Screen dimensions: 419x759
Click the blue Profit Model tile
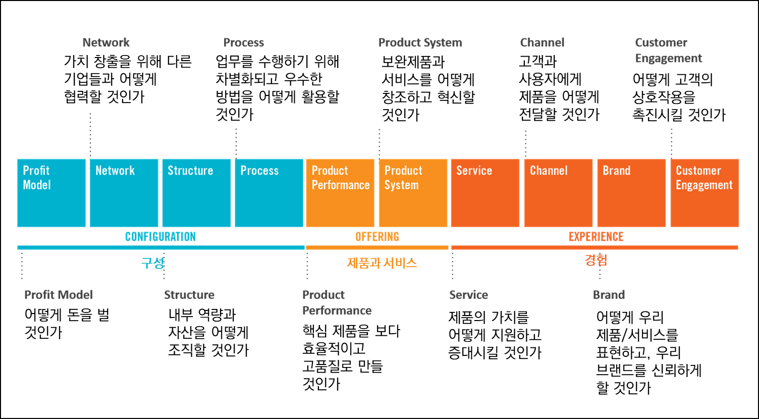point(51,193)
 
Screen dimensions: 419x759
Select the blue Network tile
point(124,193)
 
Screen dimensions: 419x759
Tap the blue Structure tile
point(196,193)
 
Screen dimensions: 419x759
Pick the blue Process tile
point(269,193)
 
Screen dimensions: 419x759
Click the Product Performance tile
point(340,193)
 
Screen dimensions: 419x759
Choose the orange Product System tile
point(413,193)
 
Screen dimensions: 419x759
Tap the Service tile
point(485,193)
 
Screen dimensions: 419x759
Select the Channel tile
point(558,193)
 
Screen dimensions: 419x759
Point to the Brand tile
point(631,193)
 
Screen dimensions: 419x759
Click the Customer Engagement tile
point(704,193)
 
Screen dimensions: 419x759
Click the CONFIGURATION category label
point(160,236)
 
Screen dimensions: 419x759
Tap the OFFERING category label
point(377,236)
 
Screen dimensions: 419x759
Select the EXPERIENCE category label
point(596,236)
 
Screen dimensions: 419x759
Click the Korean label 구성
point(153,263)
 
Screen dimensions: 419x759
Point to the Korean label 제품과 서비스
point(382,263)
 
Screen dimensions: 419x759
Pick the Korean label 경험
point(596,260)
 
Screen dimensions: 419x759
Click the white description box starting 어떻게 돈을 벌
point(75,324)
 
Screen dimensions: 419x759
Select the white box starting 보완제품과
point(430,88)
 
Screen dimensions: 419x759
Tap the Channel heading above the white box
point(542,42)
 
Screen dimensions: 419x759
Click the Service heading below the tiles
point(469,295)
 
